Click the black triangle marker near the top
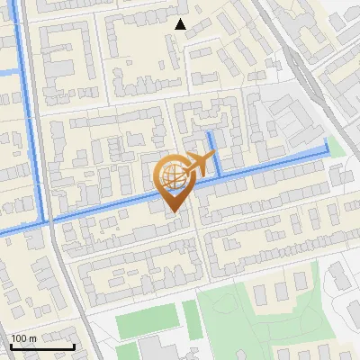181,24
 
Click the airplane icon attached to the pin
200,164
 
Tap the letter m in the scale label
33,338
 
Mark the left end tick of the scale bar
11,346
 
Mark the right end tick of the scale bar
74,346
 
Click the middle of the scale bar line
42,347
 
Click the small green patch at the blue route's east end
336,148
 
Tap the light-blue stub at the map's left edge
8,72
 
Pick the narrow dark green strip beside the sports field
192,319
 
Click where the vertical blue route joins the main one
45,220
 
